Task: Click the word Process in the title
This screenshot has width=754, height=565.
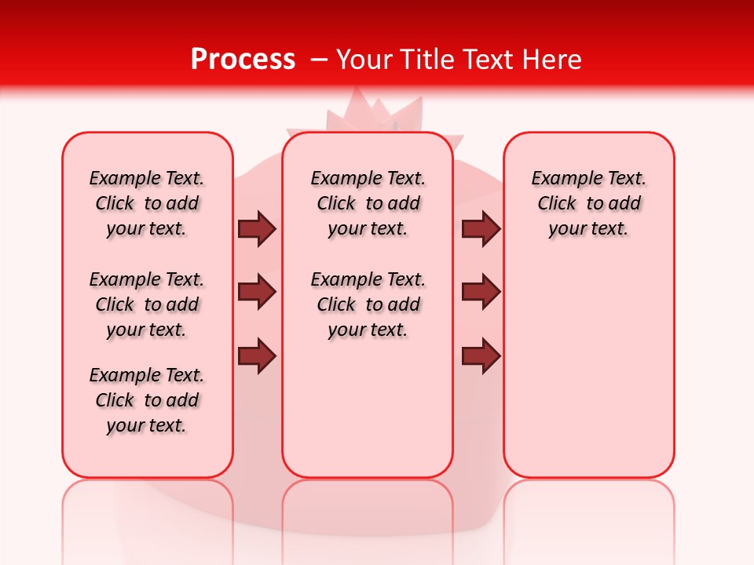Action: point(243,59)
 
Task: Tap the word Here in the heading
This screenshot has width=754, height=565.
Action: point(553,60)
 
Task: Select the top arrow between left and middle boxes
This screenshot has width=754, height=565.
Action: point(257,229)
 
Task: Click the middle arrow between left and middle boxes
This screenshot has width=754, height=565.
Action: point(257,293)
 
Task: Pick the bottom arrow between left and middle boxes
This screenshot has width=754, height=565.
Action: point(257,356)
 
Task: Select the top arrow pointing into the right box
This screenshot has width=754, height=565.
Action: point(481,229)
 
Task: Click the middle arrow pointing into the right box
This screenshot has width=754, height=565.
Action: point(481,293)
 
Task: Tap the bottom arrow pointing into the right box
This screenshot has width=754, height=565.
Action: point(481,356)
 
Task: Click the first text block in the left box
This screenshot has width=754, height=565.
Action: point(147,203)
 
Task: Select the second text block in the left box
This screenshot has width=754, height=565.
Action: point(147,304)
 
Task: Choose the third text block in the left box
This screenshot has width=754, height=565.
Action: point(147,400)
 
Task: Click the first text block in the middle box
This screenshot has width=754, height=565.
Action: point(368,203)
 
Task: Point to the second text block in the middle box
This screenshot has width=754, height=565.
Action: point(368,304)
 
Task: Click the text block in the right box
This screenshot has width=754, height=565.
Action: point(588,203)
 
